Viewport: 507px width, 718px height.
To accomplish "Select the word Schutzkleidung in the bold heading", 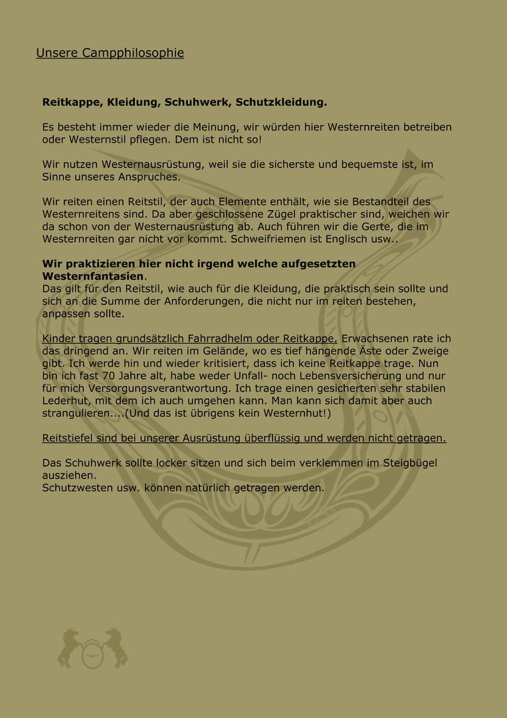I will tap(280, 102).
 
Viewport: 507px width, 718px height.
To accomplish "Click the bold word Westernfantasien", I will tap(93, 276).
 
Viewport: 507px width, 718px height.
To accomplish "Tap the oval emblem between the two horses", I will tap(93, 655).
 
